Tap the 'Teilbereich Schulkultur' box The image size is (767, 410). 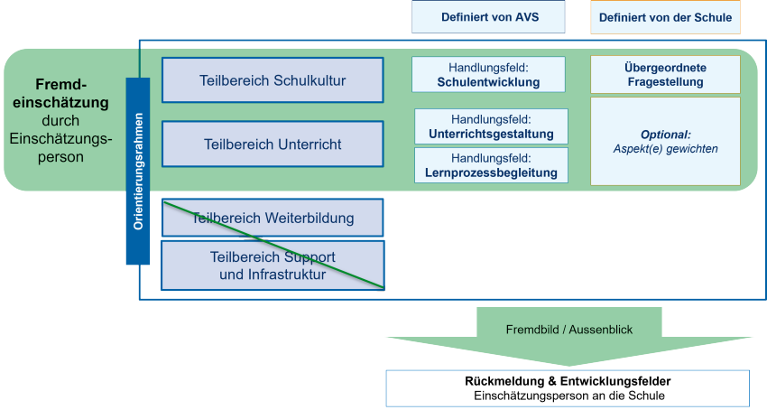pos(273,80)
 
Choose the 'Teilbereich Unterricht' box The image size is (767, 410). pos(273,144)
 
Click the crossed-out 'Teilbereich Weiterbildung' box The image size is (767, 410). pos(273,218)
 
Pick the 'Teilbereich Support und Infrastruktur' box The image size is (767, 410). pos(273,266)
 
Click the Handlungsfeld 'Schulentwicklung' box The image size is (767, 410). pos(488,75)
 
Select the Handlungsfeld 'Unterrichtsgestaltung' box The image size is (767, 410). pos(491,126)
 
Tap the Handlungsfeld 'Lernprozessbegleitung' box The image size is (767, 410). pos(491,165)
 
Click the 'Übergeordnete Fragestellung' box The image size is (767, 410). pos(665,75)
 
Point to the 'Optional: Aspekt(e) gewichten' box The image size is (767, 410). pos(665,141)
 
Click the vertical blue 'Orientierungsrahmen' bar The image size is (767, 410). pos(137,171)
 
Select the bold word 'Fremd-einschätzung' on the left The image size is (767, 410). pos(60,93)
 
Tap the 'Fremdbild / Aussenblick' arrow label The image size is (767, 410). pos(568,330)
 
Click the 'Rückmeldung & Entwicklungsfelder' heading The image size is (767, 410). pos(568,381)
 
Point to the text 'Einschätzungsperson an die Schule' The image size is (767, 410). pos(568,396)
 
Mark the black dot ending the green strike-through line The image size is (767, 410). pos(383,289)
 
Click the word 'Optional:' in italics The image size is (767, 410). pos(666,134)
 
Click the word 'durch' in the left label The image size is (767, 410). pos(60,120)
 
